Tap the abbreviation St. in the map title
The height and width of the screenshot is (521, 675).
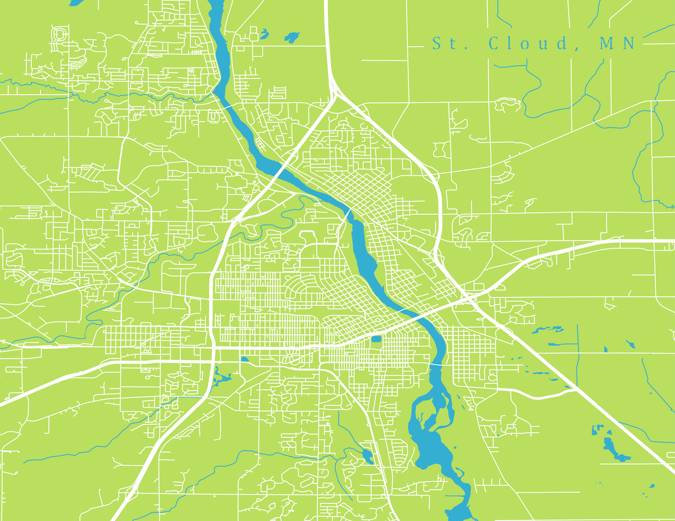[x=444, y=43]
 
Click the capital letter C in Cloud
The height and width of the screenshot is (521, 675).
[x=494, y=43]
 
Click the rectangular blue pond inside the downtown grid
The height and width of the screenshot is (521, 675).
[x=376, y=338]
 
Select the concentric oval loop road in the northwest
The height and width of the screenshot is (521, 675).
[x=58, y=35]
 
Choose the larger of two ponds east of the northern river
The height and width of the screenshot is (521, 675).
[x=292, y=38]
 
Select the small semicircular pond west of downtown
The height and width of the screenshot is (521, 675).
[x=244, y=359]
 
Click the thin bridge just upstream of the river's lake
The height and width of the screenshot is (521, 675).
[x=436, y=364]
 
